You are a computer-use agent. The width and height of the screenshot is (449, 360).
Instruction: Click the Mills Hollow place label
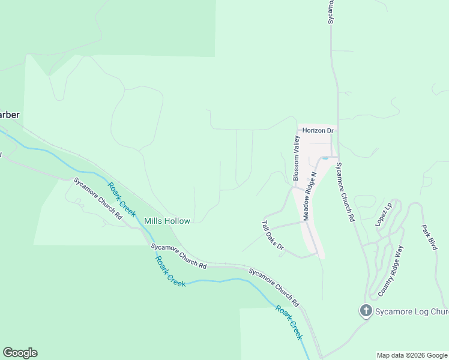pyautogui.click(x=167, y=221)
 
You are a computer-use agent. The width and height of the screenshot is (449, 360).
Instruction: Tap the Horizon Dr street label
pyautogui.click(x=318, y=130)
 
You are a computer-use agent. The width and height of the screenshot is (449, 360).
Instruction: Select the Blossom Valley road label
pyautogui.click(x=296, y=158)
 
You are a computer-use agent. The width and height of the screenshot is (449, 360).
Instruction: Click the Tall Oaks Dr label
pyautogui.click(x=272, y=239)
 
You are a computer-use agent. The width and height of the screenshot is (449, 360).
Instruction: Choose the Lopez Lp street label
pyautogui.click(x=384, y=214)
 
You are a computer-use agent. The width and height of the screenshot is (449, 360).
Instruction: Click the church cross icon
pyautogui.click(x=366, y=311)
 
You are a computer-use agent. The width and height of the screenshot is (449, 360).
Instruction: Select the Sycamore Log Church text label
pyautogui.click(x=412, y=311)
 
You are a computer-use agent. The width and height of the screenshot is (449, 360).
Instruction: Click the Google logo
pyautogui.click(x=20, y=353)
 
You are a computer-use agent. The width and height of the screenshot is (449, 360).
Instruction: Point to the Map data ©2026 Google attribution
pyautogui.click(x=412, y=355)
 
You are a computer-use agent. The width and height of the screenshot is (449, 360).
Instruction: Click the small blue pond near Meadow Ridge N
pyautogui.click(x=325, y=158)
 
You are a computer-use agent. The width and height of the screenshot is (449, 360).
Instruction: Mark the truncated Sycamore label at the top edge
pyautogui.click(x=330, y=12)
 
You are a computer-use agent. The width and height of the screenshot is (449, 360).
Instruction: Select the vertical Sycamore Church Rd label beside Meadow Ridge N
pyautogui.click(x=344, y=192)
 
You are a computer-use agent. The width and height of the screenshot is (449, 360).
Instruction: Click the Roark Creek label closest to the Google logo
pyautogui.click(x=170, y=271)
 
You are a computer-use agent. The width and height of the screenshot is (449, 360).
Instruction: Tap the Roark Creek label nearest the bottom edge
pyautogui.click(x=289, y=322)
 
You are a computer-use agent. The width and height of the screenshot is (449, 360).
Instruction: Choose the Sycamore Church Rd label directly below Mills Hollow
pyautogui.click(x=179, y=256)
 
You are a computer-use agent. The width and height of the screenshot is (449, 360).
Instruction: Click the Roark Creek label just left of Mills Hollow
pyautogui.click(x=122, y=200)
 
